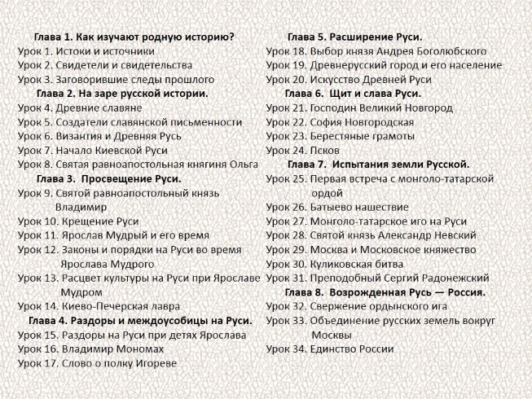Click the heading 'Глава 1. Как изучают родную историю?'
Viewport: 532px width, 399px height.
pyautogui.click(x=135, y=37)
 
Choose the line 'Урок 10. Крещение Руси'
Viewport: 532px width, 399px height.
pyautogui.click(x=78, y=221)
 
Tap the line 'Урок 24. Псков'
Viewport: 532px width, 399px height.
pyautogui.click(x=303, y=150)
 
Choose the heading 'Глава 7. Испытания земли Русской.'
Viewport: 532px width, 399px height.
pyautogui.click(x=377, y=164)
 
